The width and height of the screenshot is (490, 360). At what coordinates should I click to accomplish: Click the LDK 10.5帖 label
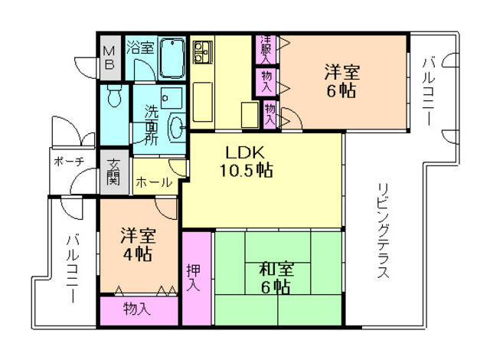pos(244,160)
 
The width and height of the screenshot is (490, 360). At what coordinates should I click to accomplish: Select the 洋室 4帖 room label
pos(139,246)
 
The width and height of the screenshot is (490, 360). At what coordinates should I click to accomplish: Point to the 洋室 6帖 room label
pos(341,81)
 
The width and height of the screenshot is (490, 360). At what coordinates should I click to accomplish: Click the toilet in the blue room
pos(114,96)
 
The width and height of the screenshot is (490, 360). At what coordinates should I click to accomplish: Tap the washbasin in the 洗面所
pos(176,126)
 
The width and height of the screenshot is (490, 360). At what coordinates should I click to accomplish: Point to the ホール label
pos(153,184)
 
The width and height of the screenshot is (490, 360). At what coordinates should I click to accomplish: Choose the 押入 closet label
pos(193,278)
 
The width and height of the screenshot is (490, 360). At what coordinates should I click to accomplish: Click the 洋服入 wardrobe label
pos(265,50)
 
